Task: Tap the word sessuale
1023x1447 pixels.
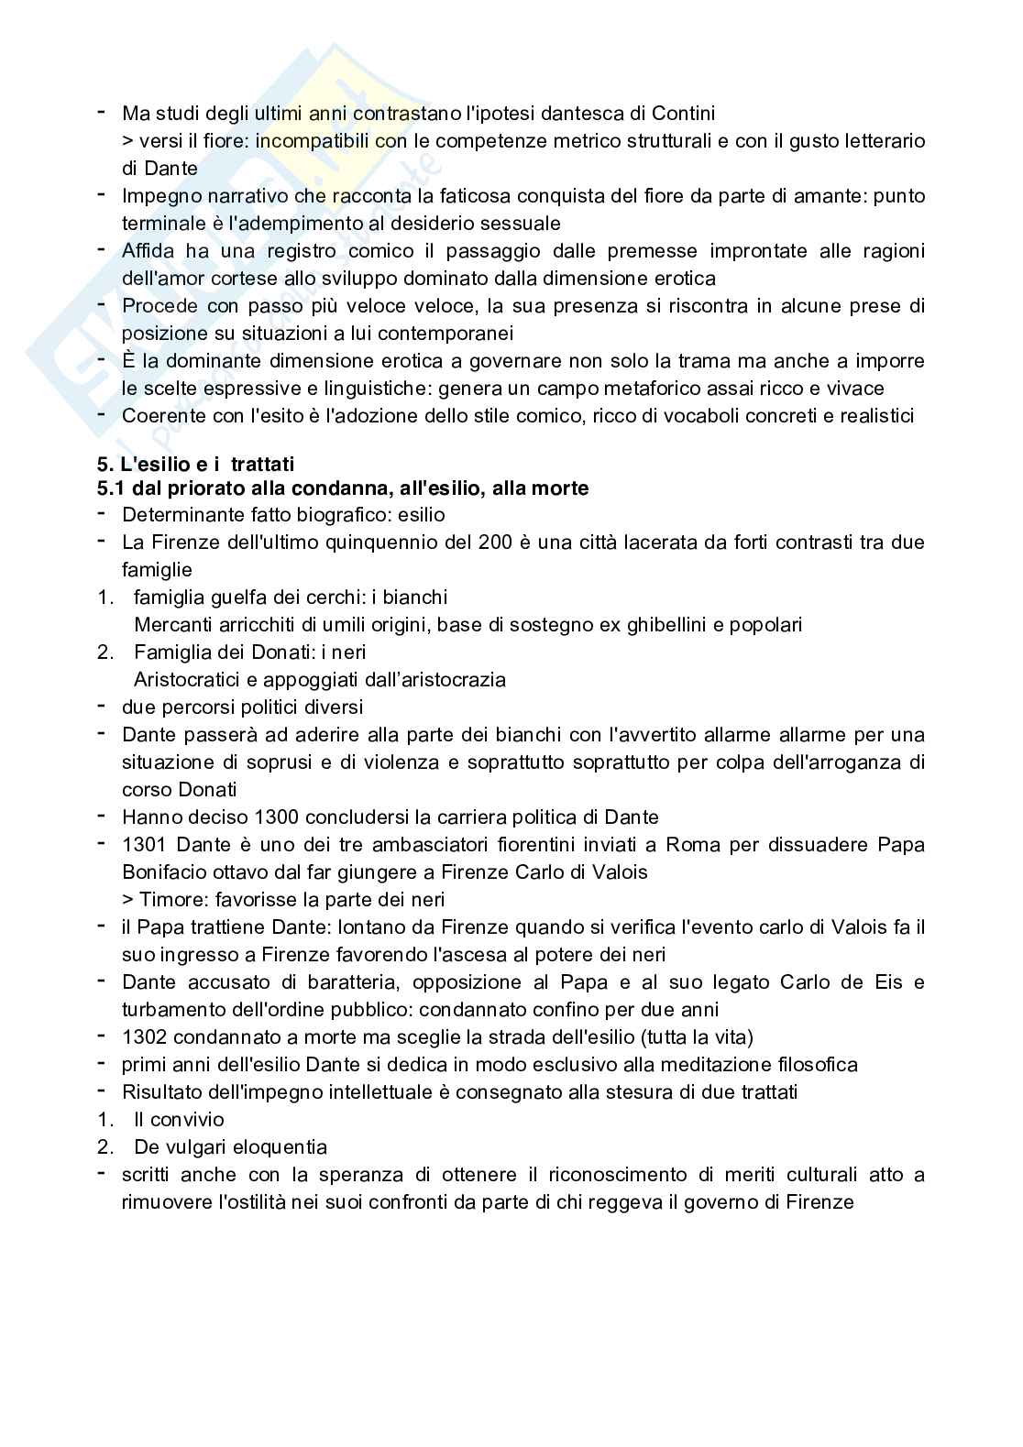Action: coord(522,224)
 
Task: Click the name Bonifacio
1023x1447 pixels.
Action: coord(165,872)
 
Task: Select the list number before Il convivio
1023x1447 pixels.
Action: coord(104,1120)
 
